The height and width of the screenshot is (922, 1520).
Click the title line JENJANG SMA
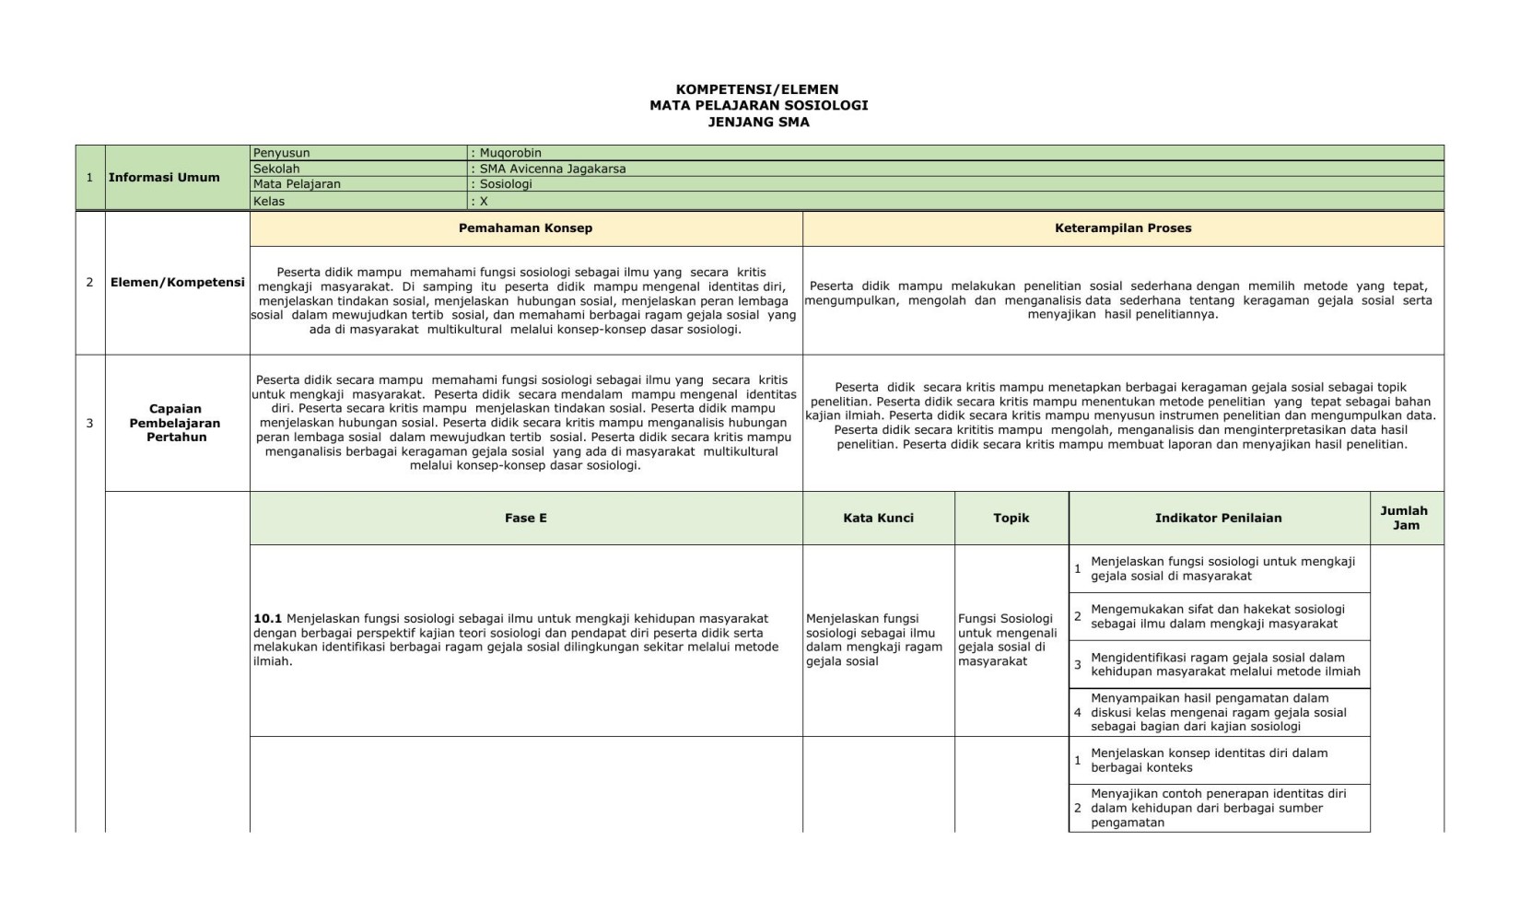(758, 122)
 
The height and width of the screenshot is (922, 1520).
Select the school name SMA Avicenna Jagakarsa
(552, 169)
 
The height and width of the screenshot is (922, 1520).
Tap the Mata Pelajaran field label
(297, 184)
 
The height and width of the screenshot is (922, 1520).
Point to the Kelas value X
(484, 201)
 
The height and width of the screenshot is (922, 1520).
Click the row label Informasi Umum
(164, 177)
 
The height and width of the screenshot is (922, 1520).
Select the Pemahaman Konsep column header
(525, 228)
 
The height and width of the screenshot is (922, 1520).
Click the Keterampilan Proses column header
(1122, 228)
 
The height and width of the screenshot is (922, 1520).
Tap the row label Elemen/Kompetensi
(177, 282)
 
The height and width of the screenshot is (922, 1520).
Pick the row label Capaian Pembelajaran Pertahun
(175, 423)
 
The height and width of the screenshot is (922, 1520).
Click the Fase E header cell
(525, 519)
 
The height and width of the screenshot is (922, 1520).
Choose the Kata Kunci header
(878, 519)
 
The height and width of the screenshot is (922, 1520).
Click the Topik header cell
(1011, 519)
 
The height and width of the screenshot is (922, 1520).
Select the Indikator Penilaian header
(1218, 519)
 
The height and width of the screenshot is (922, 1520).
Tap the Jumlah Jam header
(1405, 518)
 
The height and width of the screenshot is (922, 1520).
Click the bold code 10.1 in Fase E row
(267, 619)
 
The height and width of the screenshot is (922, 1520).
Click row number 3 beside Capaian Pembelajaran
(89, 424)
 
